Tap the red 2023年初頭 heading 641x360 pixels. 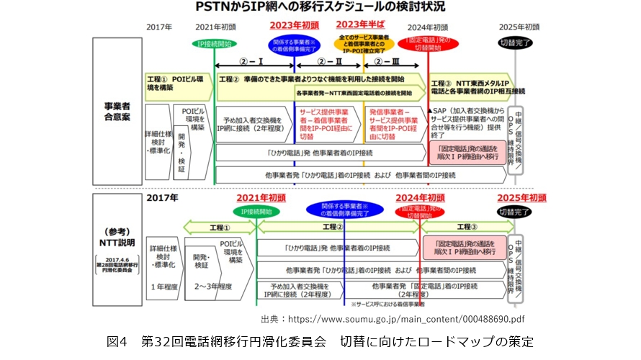(295, 26)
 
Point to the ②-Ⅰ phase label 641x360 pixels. (253, 62)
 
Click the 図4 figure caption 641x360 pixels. (320, 341)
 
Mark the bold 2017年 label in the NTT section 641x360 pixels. (163, 197)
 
